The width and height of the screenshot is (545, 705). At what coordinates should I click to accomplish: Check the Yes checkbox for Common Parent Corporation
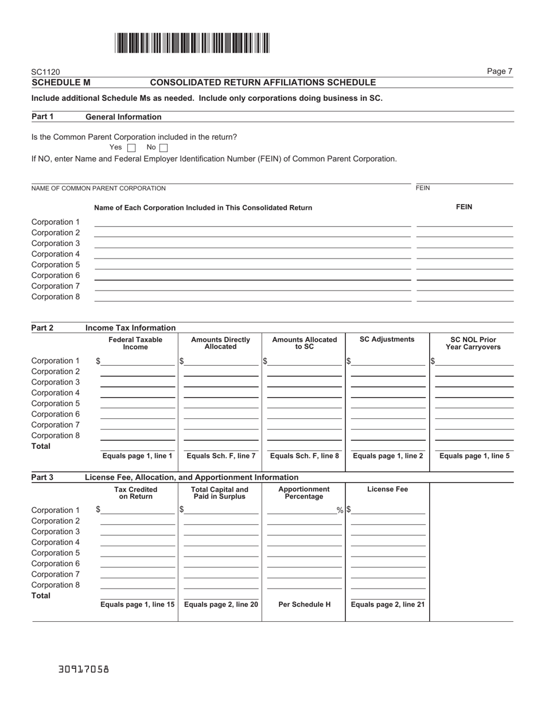coord(131,148)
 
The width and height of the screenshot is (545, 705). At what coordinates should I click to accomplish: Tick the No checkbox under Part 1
coord(163,148)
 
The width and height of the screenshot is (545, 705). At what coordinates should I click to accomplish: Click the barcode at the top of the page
coord(192,44)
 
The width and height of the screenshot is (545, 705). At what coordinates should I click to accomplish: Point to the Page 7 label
coord(499,71)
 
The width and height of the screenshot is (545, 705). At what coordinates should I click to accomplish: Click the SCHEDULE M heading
coord(61,83)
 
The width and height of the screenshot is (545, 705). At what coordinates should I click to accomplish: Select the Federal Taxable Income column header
coord(135,343)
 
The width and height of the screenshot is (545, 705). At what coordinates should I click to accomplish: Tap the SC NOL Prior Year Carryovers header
coord(473,343)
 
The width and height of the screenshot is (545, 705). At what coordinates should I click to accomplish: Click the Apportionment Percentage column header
coord(303,493)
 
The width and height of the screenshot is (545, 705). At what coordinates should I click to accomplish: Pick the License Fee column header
coord(387,489)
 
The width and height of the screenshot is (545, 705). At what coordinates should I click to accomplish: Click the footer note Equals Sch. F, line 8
coord(304,456)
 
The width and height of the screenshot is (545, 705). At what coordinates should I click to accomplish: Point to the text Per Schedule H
coord(304,604)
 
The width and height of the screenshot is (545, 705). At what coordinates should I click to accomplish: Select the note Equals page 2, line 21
coord(387,604)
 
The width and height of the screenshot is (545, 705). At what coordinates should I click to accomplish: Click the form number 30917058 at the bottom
coord(84,669)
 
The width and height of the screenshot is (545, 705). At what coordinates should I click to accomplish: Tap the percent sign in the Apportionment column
coord(340,510)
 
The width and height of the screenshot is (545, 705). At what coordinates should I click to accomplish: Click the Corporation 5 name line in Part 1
coord(252,265)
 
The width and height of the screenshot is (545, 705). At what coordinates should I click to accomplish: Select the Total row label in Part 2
coord(41,446)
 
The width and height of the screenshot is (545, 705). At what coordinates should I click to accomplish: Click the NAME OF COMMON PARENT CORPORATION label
coord(99,188)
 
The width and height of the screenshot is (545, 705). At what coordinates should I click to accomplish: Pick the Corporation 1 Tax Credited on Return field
coord(138,510)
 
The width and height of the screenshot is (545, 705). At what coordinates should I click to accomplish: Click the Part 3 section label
coord(42,477)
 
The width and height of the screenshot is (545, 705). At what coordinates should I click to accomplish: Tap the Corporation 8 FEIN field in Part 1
coord(464,297)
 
